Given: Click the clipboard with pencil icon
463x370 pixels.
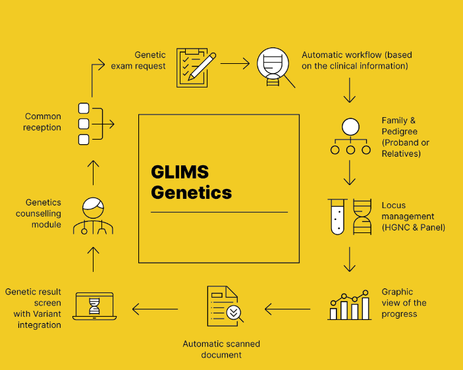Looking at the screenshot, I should [x=196, y=66].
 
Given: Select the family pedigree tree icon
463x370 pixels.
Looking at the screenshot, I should [x=350, y=136].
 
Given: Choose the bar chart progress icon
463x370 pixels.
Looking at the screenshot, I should [x=350, y=304].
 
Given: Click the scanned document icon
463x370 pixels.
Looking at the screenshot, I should [x=224, y=306].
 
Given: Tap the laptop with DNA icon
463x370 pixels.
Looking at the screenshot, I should [x=94, y=307].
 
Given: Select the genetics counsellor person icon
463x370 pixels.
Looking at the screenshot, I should [x=94, y=215].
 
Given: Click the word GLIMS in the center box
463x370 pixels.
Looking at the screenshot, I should [x=180, y=172].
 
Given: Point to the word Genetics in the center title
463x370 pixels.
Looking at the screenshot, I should [x=191, y=192].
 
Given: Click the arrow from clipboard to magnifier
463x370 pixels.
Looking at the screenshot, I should [x=235, y=64].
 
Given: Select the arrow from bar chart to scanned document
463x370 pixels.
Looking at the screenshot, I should [x=287, y=307].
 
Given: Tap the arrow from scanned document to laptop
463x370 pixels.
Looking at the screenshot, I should [x=155, y=308].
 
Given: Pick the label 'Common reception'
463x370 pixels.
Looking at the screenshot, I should [x=43, y=122].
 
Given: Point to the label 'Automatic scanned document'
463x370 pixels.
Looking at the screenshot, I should [x=221, y=350].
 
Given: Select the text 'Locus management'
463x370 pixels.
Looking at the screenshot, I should [x=408, y=211].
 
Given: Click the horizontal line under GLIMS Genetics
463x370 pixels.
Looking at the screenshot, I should [x=219, y=212].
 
